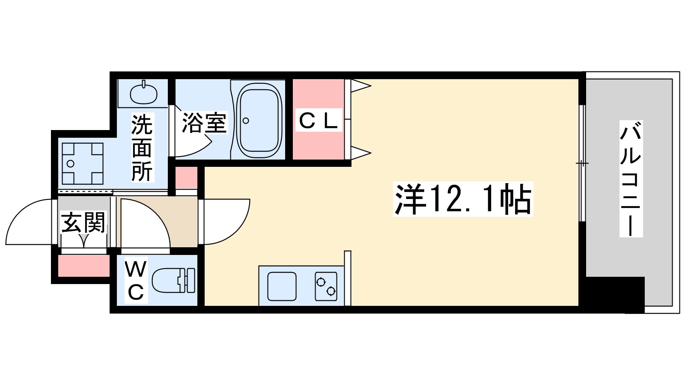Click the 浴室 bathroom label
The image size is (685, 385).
pyautogui.click(x=204, y=123)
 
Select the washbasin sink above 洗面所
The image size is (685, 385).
pyautogui.click(x=143, y=93)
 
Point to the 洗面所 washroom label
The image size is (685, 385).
pyautogui.click(x=142, y=148)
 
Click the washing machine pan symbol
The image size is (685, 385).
pyautogui.click(x=83, y=163)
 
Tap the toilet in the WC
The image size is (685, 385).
pyautogui.click(x=173, y=280)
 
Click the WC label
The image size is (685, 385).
pyautogui.click(x=136, y=281)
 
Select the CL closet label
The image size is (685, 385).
pyautogui.click(x=318, y=121)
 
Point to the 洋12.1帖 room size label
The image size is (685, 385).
pyautogui.click(x=463, y=200)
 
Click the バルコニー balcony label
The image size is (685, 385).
pyautogui.click(x=631, y=179)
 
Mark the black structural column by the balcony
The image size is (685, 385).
pyautogui.click(x=615, y=294)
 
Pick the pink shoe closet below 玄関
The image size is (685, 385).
pyautogui.click(x=83, y=266)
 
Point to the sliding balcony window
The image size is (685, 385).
pyautogui.click(x=581, y=163)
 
